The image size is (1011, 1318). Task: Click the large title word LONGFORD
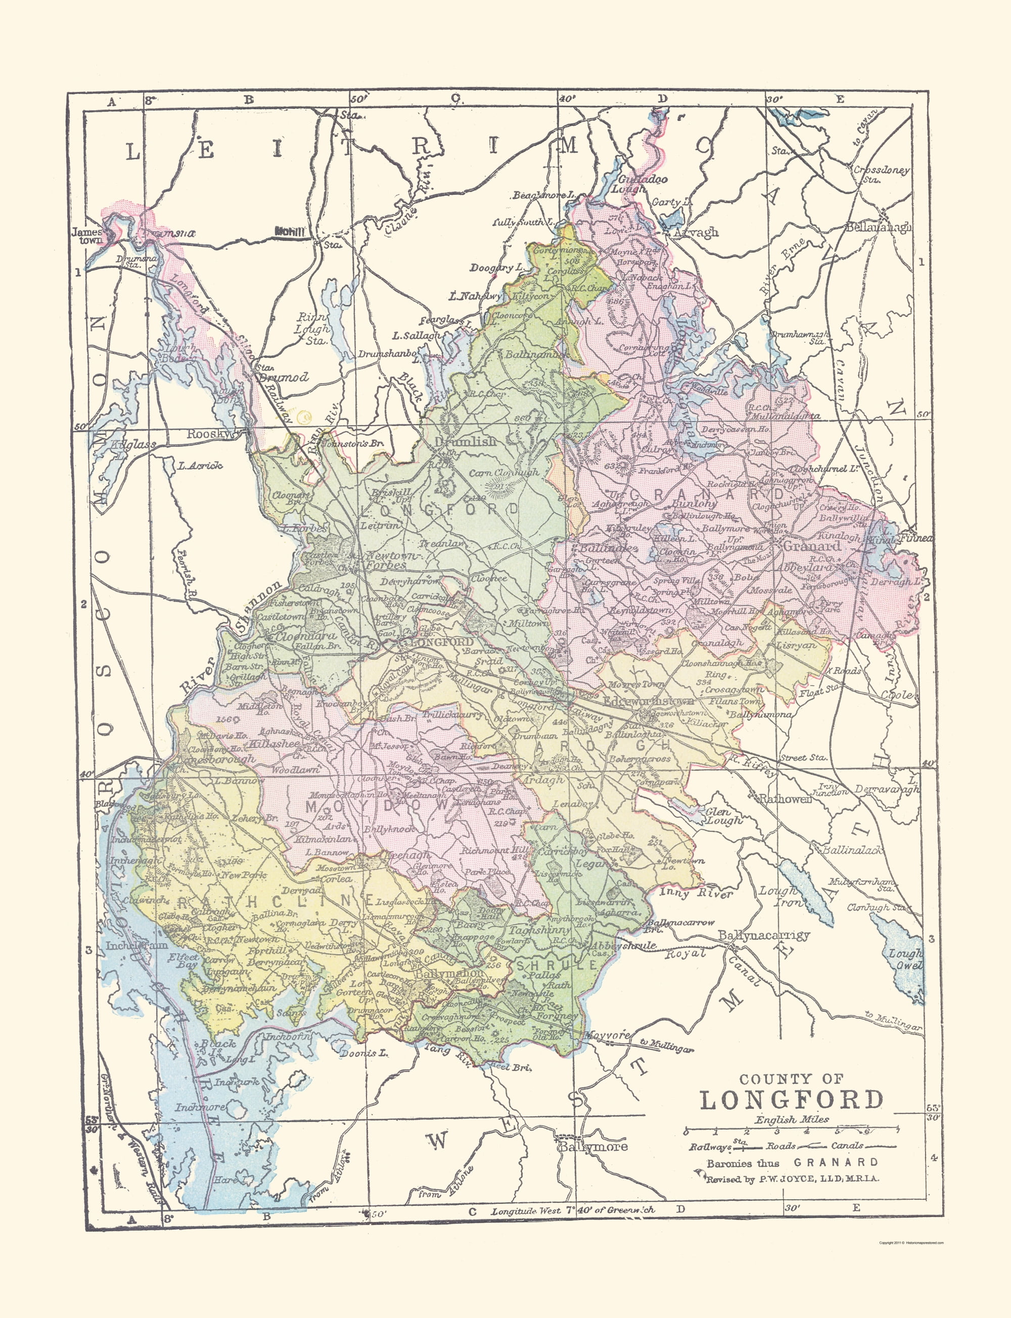point(791,1100)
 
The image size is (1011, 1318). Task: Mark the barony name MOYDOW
point(378,806)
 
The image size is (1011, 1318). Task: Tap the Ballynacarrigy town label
point(764,935)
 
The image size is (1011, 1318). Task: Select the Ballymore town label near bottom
point(593,1147)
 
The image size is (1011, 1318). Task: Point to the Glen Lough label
point(723,816)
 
